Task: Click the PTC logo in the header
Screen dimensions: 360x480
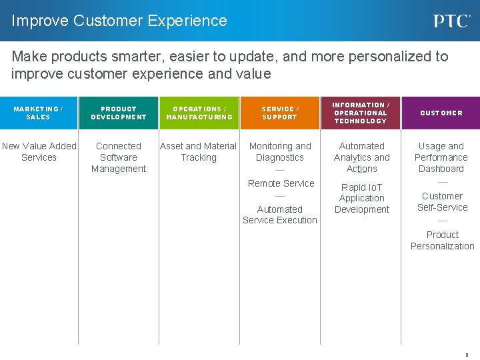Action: tap(452, 21)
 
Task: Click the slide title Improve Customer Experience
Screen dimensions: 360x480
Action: tap(119, 21)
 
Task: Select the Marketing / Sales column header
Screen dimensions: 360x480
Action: tap(39, 113)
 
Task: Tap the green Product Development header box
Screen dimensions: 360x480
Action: tap(119, 113)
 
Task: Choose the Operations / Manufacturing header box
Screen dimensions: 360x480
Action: tap(199, 113)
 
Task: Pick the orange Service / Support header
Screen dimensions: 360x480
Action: tap(280, 113)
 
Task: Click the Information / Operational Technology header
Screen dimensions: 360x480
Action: tap(361, 113)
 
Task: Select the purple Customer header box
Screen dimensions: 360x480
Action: tap(441, 113)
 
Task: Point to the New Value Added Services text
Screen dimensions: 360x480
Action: tap(39, 151)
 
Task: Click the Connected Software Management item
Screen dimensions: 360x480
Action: tap(119, 157)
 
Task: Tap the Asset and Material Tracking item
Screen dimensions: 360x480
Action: tap(199, 151)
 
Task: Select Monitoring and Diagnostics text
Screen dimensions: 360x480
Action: tap(280, 151)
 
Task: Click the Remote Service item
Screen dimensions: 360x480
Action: tap(281, 183)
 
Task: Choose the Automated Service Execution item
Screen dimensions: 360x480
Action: tap(280, 215)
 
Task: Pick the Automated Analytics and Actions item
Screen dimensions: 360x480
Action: tap(362, 157)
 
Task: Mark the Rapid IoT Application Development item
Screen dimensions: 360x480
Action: tap(362, 198)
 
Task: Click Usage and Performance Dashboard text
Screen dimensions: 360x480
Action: tap(441, 157)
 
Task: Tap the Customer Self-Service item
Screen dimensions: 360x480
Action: tap(442, 201)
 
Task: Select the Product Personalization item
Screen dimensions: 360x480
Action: tap(443, 240)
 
